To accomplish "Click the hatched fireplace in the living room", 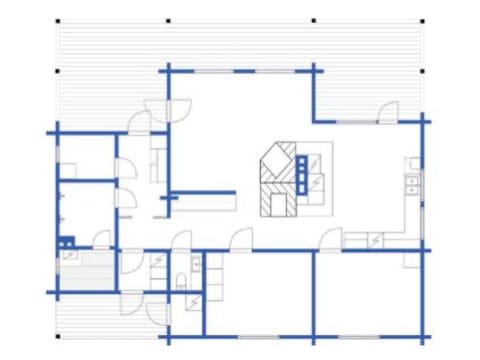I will tap(277, 180).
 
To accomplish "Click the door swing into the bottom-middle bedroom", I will tap(241, 240).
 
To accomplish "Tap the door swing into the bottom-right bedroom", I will tap(330, 239).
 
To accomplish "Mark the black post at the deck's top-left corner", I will tap(57, 21).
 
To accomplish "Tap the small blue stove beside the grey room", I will tap(66, 241).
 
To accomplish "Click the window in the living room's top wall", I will tap(210, 71).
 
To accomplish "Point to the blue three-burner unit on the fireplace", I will tap(302, 172).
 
